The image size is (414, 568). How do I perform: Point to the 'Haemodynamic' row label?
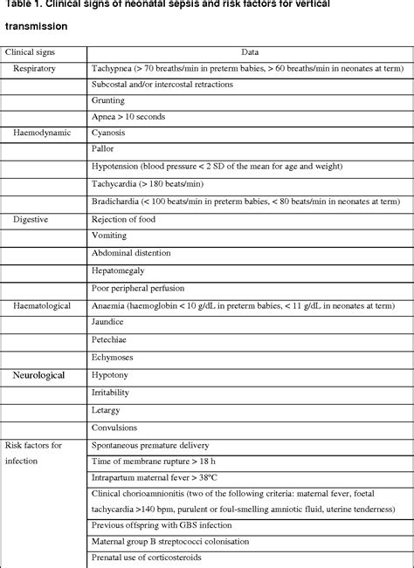[42, 133]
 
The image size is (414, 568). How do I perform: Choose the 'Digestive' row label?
[31, 219]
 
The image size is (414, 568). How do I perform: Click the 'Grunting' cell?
[109, 100]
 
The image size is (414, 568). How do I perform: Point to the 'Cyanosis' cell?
[109, 133]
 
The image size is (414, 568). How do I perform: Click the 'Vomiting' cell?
[109, 236]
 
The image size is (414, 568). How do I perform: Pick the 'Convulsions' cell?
[114, 427]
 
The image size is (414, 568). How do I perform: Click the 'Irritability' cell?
[112, 393]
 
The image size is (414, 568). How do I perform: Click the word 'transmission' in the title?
[36, 26]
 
